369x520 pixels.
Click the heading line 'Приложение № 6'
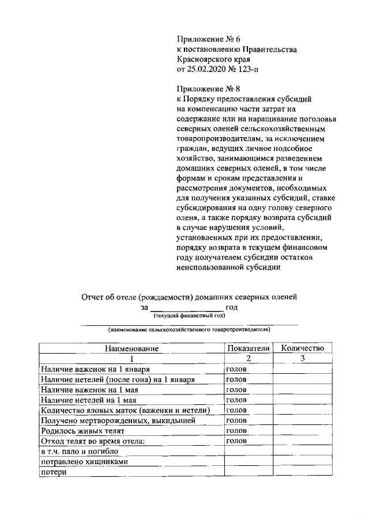click(x=208, y=39)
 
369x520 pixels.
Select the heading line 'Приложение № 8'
click(x=208, y=89)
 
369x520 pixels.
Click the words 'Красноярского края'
click(x=214, y=59)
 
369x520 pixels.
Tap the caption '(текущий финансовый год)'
click(x=189, y=317)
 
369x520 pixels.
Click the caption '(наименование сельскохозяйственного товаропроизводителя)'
click(x=189, y=330)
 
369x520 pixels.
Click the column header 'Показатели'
click(x=248, y=348)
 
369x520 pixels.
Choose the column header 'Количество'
click(x=303, y=348)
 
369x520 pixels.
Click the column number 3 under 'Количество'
click(x=303, y=358)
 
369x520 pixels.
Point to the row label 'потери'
click(x=53, y=472)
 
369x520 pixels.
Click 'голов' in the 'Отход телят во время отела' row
click(x=237, y=441)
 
